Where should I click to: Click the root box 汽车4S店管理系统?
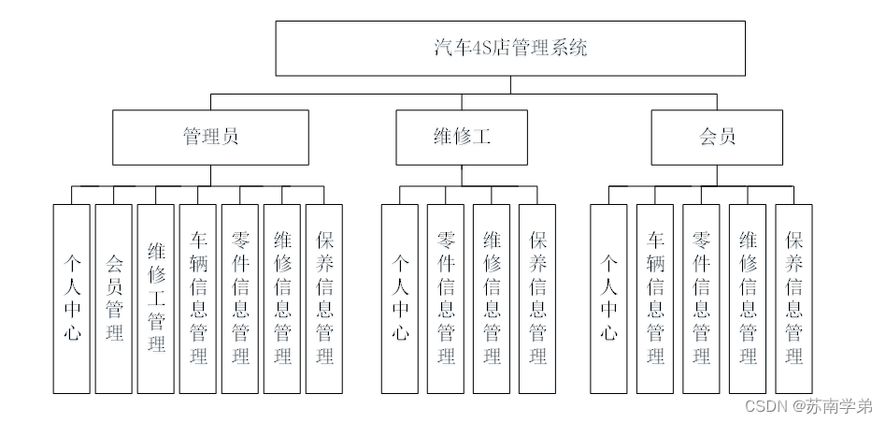tap(510, 49)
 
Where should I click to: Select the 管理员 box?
tap(210, 137)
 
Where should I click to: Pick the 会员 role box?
tap(717, 137)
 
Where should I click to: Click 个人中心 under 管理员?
tap(72, 298)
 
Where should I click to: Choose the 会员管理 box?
tap(114, 298)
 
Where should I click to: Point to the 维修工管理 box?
tap(156, 298)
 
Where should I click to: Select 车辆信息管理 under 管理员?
tap(198, 298)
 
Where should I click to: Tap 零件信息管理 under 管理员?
tap(240, 298)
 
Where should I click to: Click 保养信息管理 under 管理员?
tap(324, 298)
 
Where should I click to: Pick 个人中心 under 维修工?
tap(400, 298)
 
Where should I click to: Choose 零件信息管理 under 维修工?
tap(446, 298)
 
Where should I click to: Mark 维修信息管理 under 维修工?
tap(492, 298)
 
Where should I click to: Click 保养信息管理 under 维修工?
tap(537, 298)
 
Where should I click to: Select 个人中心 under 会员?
tap(609, 298)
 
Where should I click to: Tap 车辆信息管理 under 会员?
tap(655, 298)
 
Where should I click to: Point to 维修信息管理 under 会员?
tap(748, 298)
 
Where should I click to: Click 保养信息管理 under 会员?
tap(793, 298)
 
